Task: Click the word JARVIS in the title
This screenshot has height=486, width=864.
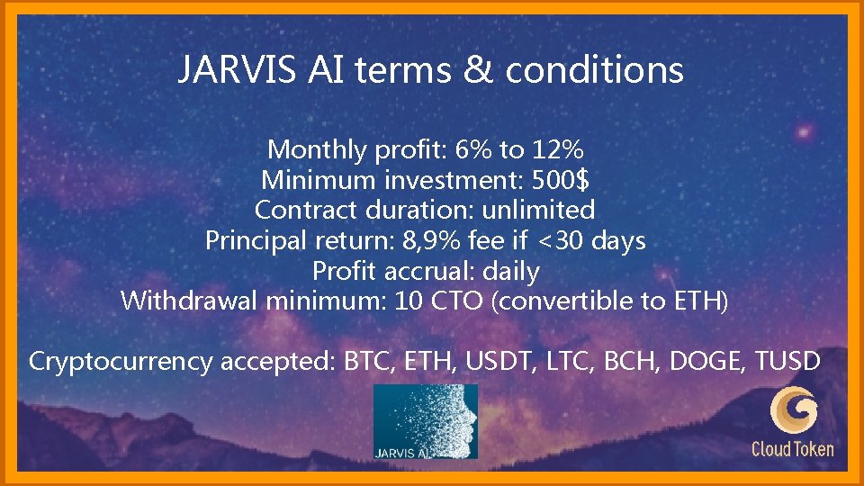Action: point(232,69)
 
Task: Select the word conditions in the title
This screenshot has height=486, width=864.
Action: point(593,69)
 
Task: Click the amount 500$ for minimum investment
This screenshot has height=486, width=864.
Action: point(561,179)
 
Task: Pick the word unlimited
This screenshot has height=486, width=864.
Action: point(538,210)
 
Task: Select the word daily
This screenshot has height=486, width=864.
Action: point(510,271)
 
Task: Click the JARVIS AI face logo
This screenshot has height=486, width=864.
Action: point(425,421)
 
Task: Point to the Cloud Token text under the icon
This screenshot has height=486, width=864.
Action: point(793,448)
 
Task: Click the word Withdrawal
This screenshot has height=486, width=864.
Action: point(190,301)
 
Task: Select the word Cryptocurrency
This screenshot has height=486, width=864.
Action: point(121,362)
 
